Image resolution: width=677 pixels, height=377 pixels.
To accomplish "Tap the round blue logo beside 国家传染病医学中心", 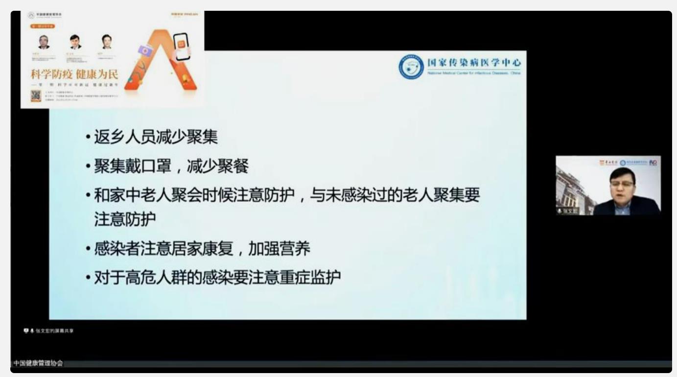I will (x=411, y=67).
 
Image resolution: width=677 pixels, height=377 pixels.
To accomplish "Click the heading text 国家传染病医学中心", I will (x=474, y=63).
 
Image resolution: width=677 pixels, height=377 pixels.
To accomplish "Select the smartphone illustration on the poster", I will (x=181, y=46).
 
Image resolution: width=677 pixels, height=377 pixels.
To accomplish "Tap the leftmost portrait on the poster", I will (x=44, y=42).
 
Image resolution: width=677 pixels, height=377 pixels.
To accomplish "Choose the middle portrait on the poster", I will (x=74, y=41).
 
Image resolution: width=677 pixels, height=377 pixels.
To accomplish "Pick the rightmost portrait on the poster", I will (x=106, y=41).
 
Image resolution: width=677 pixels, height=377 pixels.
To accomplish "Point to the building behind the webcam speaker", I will (x=573, y=188).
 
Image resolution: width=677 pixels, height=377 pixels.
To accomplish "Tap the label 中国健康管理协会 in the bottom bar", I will (x=38, y=364).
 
